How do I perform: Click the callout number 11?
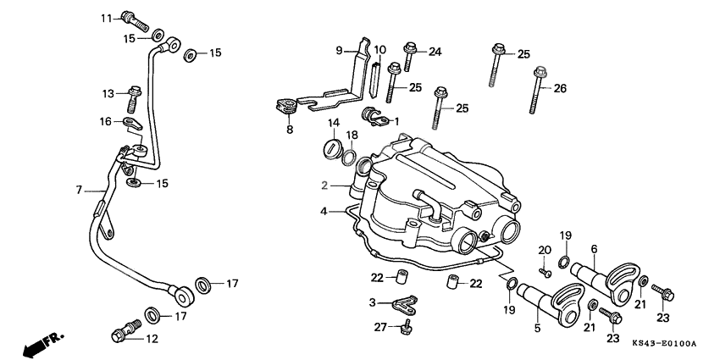tap(106, 18)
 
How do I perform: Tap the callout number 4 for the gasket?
tap(324, 211)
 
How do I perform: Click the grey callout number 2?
tap(324, 185)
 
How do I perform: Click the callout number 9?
tap(340, 51)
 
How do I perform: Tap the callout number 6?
tap(594, 248)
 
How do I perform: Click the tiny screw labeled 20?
tap(546, 272)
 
